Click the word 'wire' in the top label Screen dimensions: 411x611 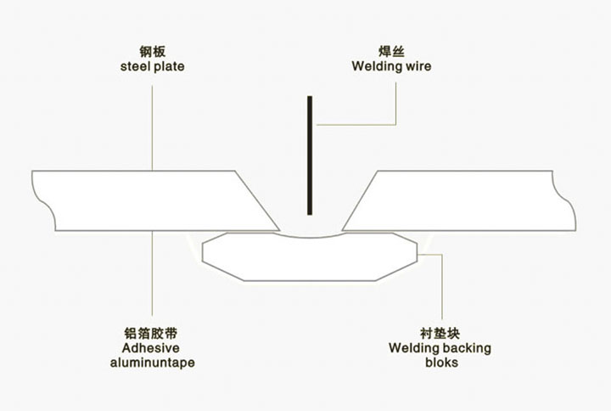click(418, 66)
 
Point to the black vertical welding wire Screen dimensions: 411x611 click(311, 153)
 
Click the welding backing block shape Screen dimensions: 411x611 click(310, 260)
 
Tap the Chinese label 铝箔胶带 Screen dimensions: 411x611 click(153, 334)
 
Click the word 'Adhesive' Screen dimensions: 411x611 click(153, 348)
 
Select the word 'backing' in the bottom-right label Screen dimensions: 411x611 click(468, 348)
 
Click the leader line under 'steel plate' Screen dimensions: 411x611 click(153, 119)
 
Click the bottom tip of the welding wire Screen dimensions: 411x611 click(311, 213)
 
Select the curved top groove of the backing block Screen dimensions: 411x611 click(311, 236)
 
